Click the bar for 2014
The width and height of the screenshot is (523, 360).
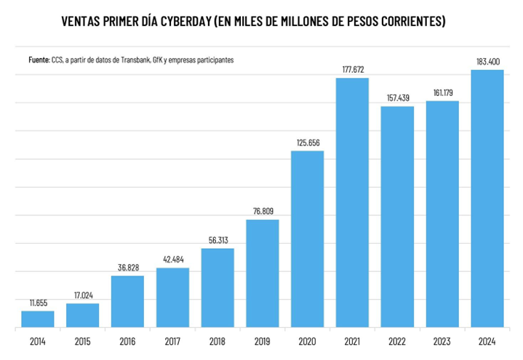tap(38, 319)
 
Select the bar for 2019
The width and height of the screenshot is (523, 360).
tap(263, 273)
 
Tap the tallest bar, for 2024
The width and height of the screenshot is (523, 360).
tap(487, 199)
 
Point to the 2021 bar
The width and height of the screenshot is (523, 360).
tap(352, 203)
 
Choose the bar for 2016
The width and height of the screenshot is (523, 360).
tap(127, 302)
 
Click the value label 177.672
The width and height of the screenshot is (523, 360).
tap(352, 70)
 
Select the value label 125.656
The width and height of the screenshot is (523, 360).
tap(308, 143)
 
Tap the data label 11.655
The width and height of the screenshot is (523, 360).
tap(38, 303)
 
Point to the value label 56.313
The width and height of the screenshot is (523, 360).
tap(217, 240)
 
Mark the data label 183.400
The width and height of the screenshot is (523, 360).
tap(487, 61)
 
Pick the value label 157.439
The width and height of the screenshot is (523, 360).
tap(397, 98)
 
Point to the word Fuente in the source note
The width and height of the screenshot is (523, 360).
tap(30, 58)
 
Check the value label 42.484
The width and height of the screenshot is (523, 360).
tap(172, 260)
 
